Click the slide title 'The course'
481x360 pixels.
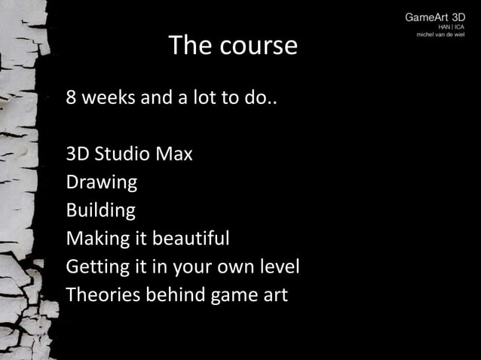point(233,46)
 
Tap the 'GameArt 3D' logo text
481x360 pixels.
point(435,17)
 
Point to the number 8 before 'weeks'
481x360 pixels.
point(72,99)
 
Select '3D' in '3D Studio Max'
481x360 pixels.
point(78,155)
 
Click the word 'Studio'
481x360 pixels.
point(124,155)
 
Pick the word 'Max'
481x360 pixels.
point(175,155)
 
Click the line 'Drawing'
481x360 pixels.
point(102,183)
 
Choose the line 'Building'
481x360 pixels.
point(101,210)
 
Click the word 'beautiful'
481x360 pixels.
point(191,239)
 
